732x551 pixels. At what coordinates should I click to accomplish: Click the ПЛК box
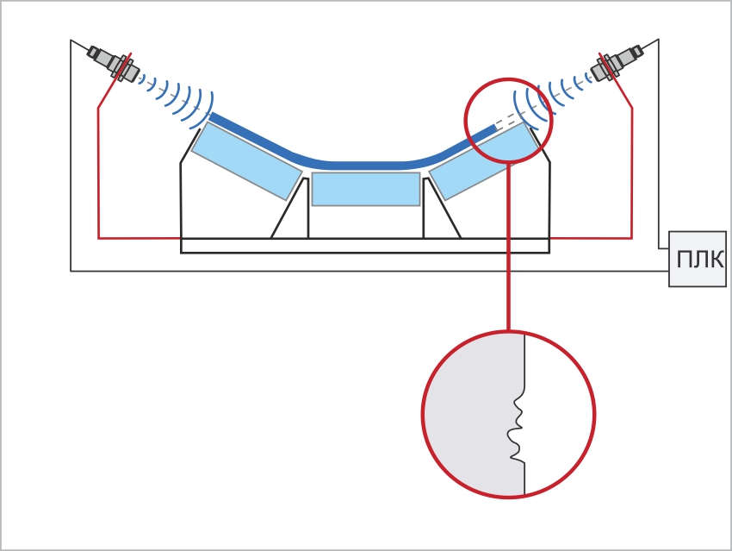click(x=698, y=259)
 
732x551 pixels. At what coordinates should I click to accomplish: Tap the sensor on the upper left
click(x=114, y=64)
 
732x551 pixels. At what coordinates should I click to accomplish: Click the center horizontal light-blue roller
click(x=365, y=189)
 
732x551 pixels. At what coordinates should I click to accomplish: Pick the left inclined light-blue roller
click(x=246, y=160)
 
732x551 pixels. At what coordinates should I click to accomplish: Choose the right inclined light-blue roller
click(x=484, y=160)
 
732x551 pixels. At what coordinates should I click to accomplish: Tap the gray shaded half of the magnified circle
click(x=472, y=414)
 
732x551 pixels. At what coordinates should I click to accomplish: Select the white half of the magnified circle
click(x=558, y=414)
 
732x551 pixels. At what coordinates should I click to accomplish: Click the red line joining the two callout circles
click(x=508, y=247)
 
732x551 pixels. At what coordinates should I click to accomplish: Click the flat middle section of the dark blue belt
click(x=365, y=166)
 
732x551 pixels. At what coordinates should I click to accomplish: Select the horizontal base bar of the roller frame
click(x=365, y=246)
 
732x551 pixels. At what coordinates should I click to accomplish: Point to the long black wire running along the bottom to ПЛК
click(x=369, y=271)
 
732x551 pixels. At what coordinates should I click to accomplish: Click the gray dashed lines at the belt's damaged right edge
click(x=510, y=119)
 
